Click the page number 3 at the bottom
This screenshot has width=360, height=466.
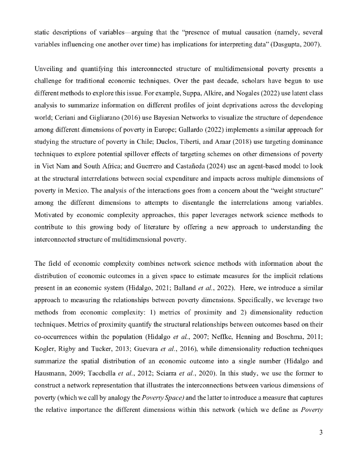321,432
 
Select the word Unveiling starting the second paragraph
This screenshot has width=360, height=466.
49,69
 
